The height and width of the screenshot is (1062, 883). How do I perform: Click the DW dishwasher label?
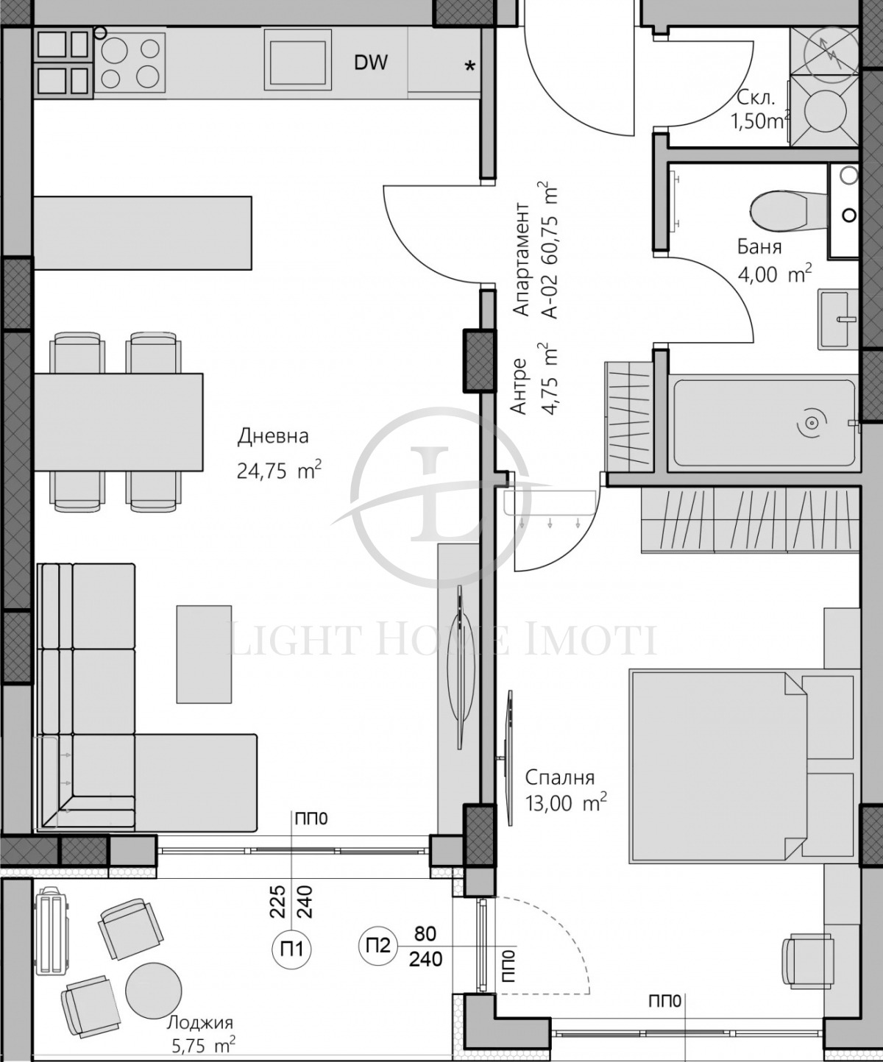(370, 63)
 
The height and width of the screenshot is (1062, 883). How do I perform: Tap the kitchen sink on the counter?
(297, 63)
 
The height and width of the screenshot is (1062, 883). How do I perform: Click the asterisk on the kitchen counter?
(469, 66)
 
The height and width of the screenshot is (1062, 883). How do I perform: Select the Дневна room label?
(272, 436)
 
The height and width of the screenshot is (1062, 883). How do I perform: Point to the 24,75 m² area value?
(278, 471)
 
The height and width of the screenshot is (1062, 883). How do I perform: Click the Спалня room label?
(559, 777)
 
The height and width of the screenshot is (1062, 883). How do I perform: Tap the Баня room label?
(759, 247)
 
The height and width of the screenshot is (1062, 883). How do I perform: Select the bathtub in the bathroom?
(764, 423)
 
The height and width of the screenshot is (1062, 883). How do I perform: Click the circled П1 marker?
(292, 949)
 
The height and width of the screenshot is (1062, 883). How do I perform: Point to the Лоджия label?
(200, 1022)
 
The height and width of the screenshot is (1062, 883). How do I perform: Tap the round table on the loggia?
(153, 989)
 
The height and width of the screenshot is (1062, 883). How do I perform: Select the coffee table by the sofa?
(204, 654)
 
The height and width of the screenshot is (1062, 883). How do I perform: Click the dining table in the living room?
(118, 422)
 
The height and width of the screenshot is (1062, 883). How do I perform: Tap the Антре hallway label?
(519, 386)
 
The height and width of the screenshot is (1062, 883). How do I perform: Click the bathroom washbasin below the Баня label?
(837, 319)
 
